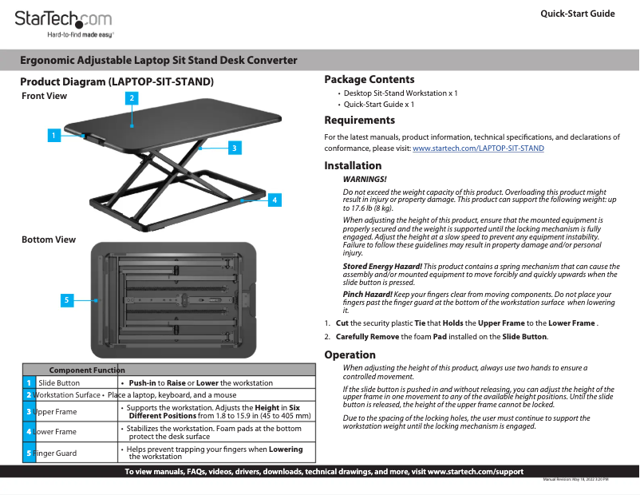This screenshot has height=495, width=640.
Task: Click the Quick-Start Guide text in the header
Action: tap(577, 14)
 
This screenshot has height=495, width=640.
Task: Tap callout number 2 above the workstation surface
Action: tap(132, 98)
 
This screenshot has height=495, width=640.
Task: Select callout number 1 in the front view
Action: tap(53, 135)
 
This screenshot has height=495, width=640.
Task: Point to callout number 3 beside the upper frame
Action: tap(233, 148)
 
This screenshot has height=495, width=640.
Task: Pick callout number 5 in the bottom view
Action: tap(68, 300)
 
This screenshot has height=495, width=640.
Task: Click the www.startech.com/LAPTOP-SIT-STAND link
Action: tap(478, 148)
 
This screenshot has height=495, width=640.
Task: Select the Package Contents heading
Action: tap(369, 80)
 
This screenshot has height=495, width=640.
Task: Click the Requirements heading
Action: tap(359, 121)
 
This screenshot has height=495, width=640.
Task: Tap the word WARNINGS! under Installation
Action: tap(364, 180)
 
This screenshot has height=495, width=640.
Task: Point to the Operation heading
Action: tap(350, 354)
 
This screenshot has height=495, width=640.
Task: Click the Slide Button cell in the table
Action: tap(59, 383)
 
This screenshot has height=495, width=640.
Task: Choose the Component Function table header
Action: tap(87, 370)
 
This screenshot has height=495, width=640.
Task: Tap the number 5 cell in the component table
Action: tap(29, 453)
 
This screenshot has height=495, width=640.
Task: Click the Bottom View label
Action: tap(49, 240)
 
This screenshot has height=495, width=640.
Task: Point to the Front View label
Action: tap(45, 96)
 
